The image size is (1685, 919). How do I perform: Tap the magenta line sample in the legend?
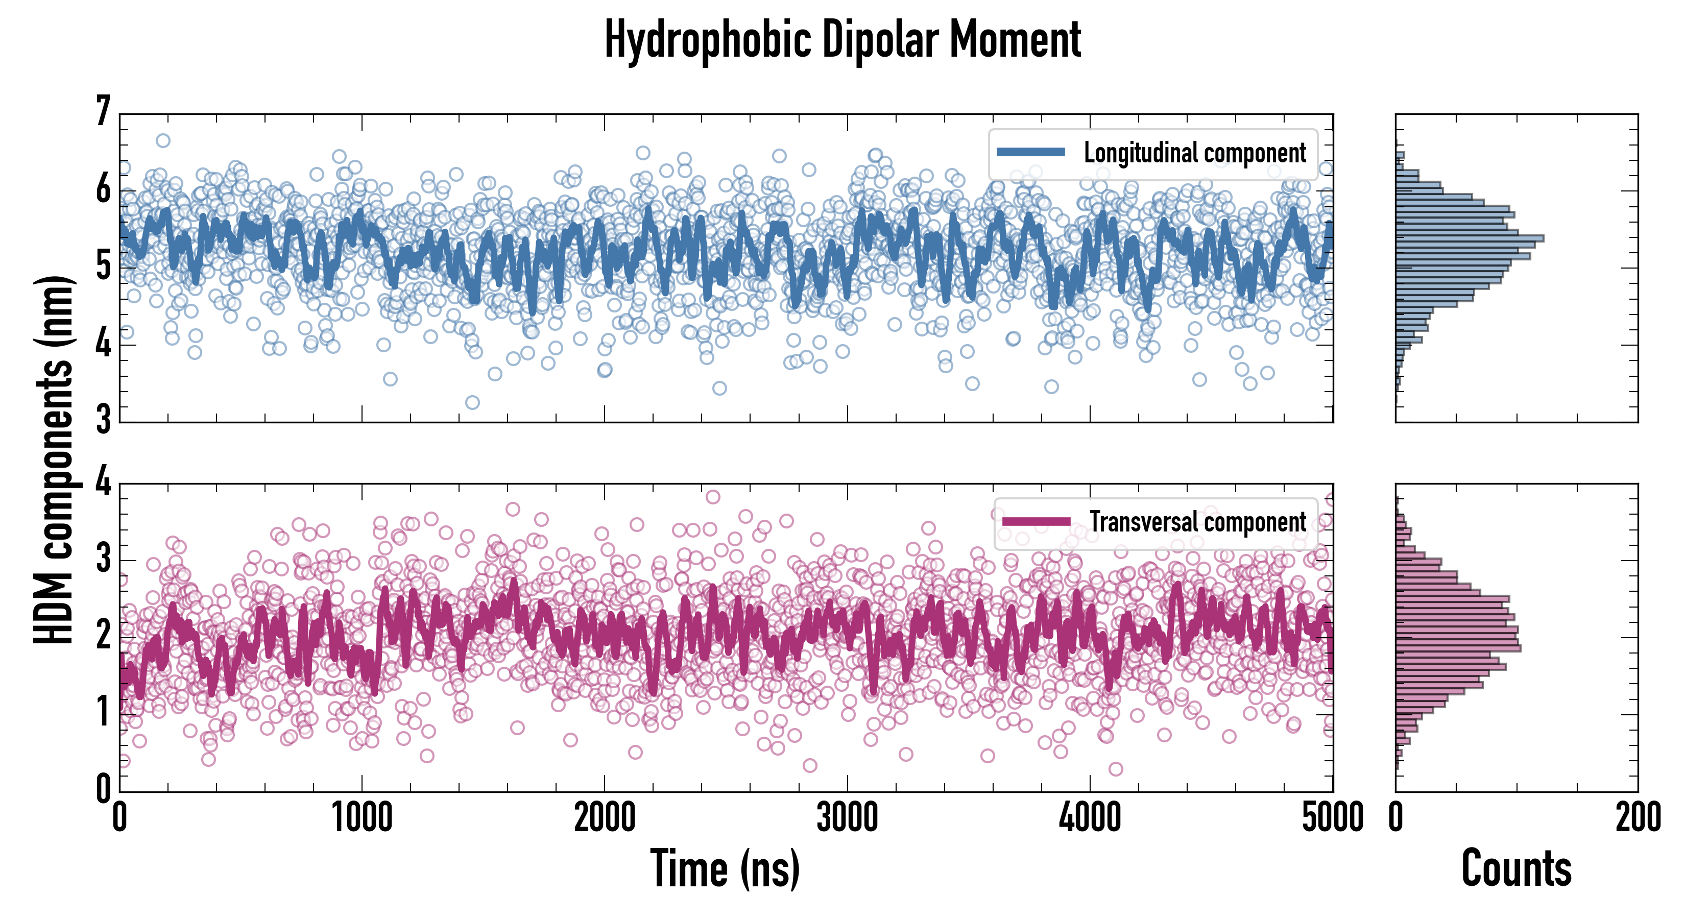(x=1036, y=522)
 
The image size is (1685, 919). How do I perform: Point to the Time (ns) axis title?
(x=725, y=868)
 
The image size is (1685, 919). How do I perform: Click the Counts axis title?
(x=1516, y=868)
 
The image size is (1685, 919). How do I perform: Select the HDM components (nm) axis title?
(x=54, y=459)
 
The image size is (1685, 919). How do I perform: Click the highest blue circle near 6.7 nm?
(x=163, y=140)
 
